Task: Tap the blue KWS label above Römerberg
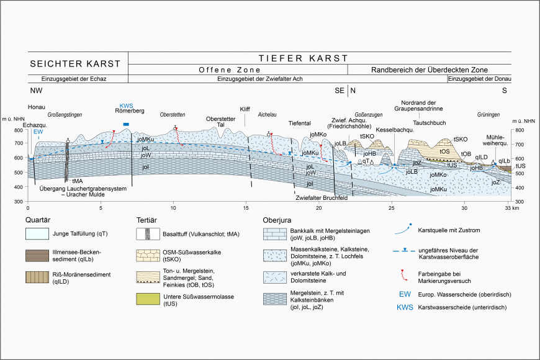point(126,104)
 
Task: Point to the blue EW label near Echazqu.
point(38,132)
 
